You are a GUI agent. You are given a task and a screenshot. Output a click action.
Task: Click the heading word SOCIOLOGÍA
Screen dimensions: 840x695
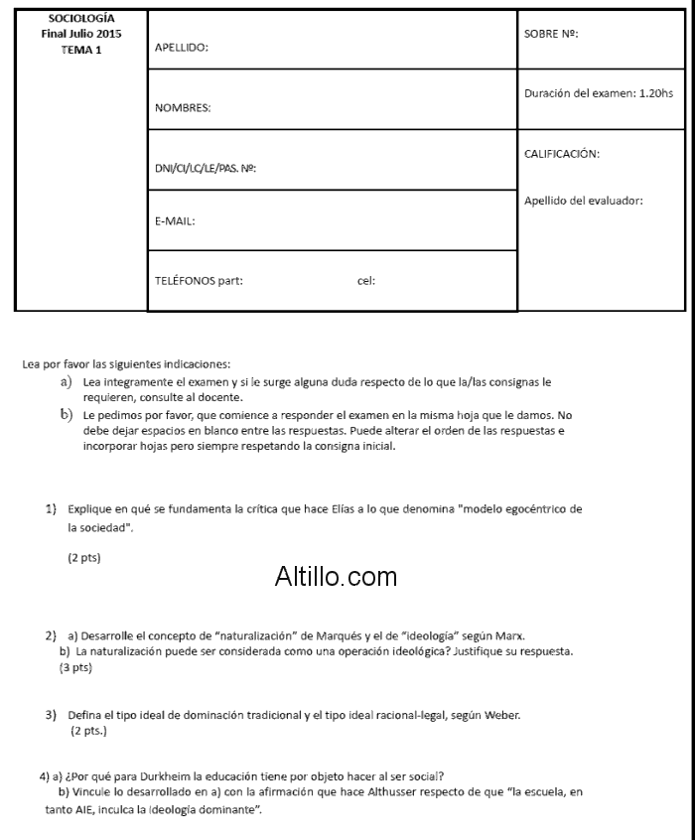tap(81, 19)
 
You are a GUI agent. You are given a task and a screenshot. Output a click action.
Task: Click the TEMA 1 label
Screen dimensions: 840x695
tap(81, 51)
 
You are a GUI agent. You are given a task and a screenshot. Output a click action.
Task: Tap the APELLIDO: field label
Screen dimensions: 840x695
tap(182, 48)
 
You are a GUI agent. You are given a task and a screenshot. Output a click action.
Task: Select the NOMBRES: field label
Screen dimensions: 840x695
tap(184, 108)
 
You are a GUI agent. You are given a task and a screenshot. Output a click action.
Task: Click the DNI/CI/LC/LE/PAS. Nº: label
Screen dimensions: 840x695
tap(207, 169)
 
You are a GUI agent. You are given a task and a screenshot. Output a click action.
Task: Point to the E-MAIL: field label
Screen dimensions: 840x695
tap(175, 221)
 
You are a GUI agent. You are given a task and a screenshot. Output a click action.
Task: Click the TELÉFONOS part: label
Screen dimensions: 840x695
tap(199, 281)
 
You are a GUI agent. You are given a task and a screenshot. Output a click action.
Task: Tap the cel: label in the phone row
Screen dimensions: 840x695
tap(365, 281)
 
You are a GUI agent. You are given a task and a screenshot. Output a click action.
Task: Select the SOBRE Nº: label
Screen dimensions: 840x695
tap(550, 33)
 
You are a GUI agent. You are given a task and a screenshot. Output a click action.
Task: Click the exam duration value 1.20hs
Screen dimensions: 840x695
tap(655, 93)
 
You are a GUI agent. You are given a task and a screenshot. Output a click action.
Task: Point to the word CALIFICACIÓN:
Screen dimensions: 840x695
tap(562, 154)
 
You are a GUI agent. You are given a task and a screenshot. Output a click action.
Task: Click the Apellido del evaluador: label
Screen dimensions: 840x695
tap(583, 201)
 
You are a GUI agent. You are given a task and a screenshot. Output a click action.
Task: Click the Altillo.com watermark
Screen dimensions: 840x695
tap(336, 576)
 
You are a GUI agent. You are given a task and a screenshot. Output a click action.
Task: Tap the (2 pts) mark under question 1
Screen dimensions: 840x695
tap(83, 558)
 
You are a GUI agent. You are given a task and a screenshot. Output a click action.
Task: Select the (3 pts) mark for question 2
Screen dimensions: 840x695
tap(75, 668)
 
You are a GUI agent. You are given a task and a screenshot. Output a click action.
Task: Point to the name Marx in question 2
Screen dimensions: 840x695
tap(523, 635)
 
